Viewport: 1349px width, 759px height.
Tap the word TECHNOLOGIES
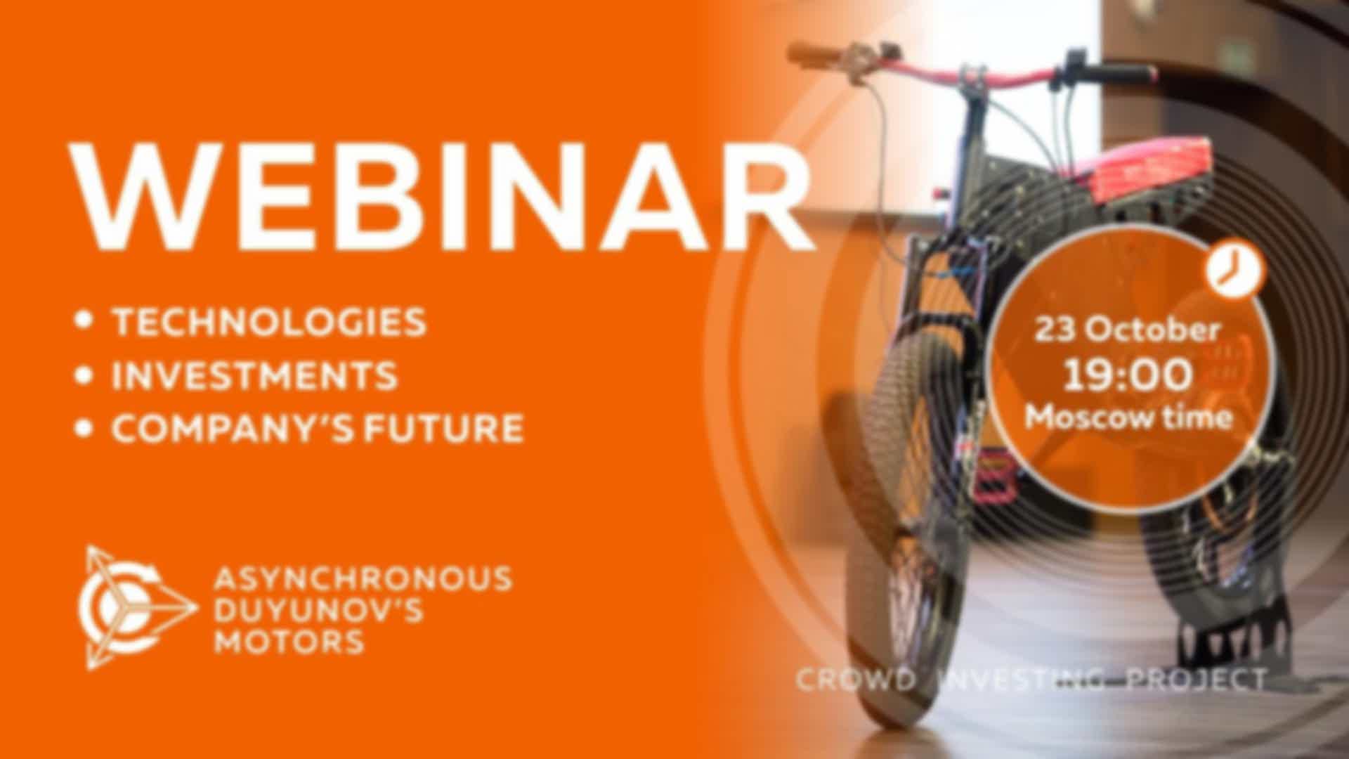(270, 321)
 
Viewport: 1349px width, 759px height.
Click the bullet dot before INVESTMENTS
(85, 375)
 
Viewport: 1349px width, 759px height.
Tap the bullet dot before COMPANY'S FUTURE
(85, 428)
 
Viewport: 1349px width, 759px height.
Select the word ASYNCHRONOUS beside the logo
(363, 578)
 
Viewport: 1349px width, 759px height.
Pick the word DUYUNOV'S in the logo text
(318, 610)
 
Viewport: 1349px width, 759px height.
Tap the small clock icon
(1236, 270)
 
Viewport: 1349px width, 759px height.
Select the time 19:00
(1128, 374)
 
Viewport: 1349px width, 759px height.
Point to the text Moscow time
(1128, 417)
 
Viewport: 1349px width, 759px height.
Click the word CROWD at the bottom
(856, 680)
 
